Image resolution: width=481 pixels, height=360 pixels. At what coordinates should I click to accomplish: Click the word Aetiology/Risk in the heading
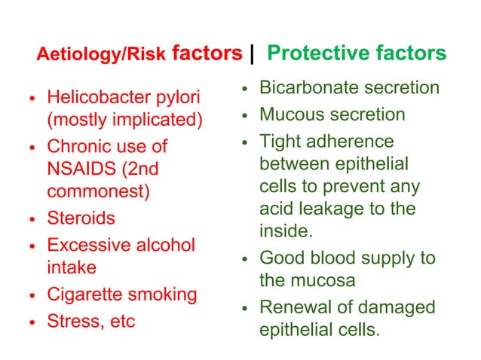point(102,55)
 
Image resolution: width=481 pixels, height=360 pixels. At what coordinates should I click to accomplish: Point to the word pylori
point(180,98)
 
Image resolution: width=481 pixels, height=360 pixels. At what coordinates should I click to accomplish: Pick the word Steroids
point(81,218)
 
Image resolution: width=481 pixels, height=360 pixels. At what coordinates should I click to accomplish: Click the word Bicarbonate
point(304,88)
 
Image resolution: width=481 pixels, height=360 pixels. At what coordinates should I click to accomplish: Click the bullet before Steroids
point(32,220)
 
